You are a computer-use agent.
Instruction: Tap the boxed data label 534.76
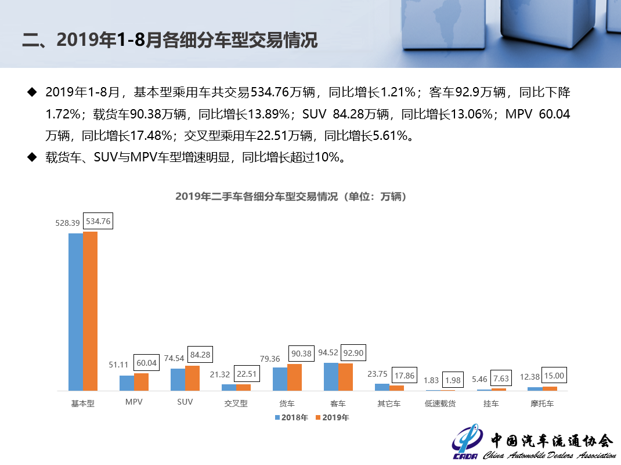click(99, 221)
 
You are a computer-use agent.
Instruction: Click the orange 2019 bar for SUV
click(192, 378)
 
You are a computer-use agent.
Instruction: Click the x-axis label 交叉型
click(236, 403)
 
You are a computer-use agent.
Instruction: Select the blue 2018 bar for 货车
click(280, 379)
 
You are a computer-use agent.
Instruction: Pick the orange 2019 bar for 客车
click(345, 377)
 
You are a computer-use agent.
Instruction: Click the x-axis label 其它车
click(389, 403)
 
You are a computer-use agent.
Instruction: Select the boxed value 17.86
click(404, 376)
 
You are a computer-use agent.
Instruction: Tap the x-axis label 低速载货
click(440, 403)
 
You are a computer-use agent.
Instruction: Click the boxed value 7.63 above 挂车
click(500, 379)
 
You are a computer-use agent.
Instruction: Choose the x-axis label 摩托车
click(542, 403)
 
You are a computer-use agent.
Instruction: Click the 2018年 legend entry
click(291, 417)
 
